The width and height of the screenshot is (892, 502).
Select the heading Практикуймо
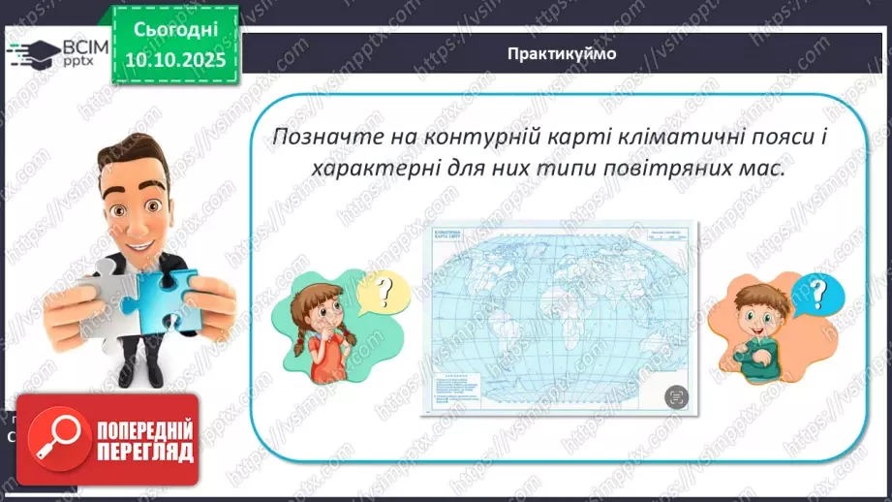[x=561, y=53]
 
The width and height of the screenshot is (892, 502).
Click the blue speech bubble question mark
[x=815, y=292]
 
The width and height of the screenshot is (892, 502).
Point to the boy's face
[x=759, y=306]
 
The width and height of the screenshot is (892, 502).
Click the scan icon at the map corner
[x=676, y=396]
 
